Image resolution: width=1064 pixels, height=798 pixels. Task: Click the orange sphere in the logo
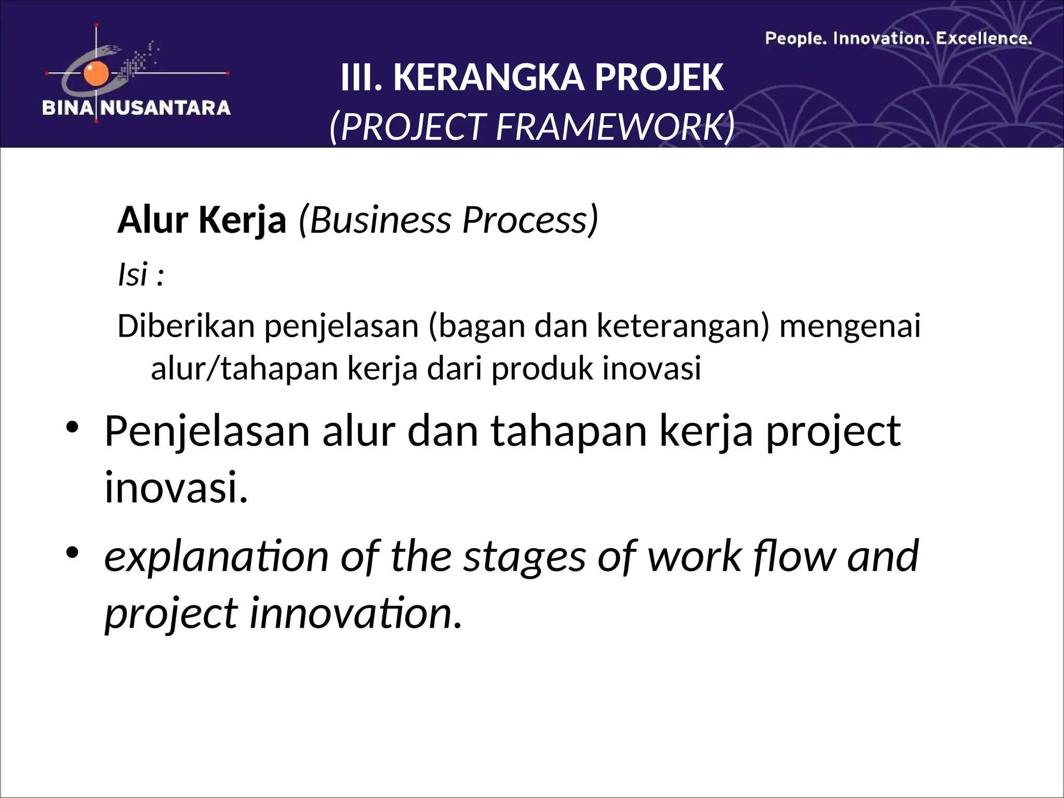pos(96,74)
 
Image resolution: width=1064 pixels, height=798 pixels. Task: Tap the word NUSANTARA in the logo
pos(165,108)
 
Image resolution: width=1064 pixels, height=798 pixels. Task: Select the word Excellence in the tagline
pos(983,39)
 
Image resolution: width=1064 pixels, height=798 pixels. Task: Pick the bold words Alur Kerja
pos(202,220)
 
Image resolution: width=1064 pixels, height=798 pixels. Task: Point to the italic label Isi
pos(133,275)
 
